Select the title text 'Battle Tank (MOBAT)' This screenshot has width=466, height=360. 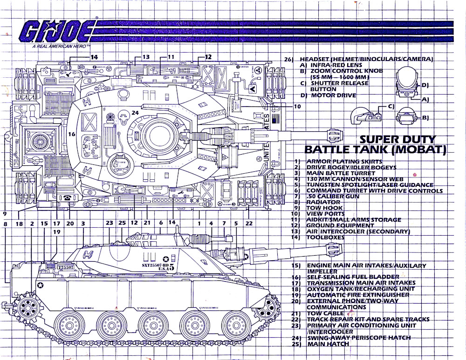(375, 150)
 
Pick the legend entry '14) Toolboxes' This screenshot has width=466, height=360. (326, 238)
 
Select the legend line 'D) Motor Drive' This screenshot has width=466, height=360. (328, 95)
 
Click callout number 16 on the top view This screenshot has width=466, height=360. (71, 134)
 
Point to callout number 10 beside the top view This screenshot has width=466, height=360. (297, 106)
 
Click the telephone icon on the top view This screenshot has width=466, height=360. (69, 197)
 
